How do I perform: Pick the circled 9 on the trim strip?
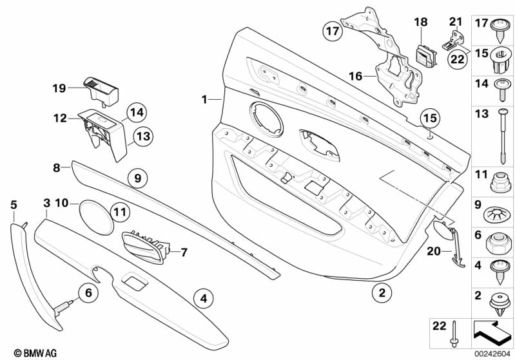coord(137,176)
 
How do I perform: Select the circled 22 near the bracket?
coord(456,59)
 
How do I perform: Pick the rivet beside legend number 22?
coord(455,334)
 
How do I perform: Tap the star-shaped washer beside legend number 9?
coord(501,212)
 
